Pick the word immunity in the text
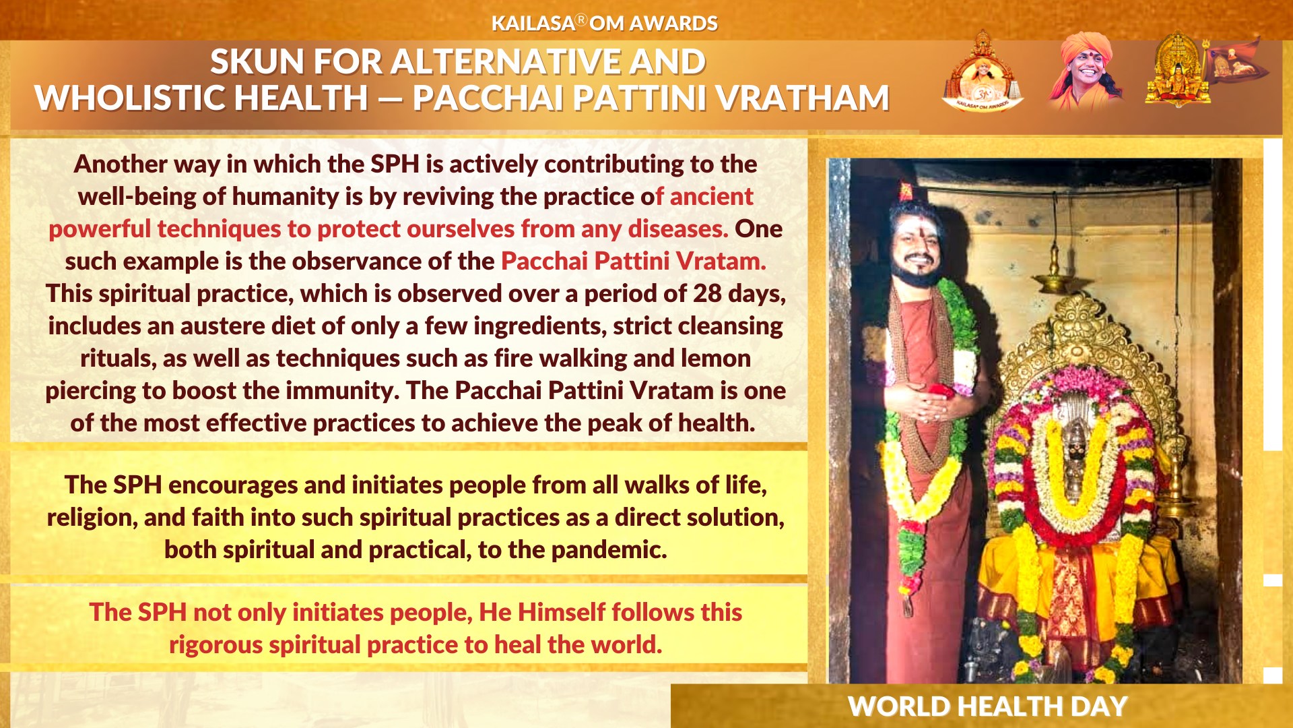tap(343, 391)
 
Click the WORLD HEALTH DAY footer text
tap(987, 706)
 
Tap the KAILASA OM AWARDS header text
tap(604, 24)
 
